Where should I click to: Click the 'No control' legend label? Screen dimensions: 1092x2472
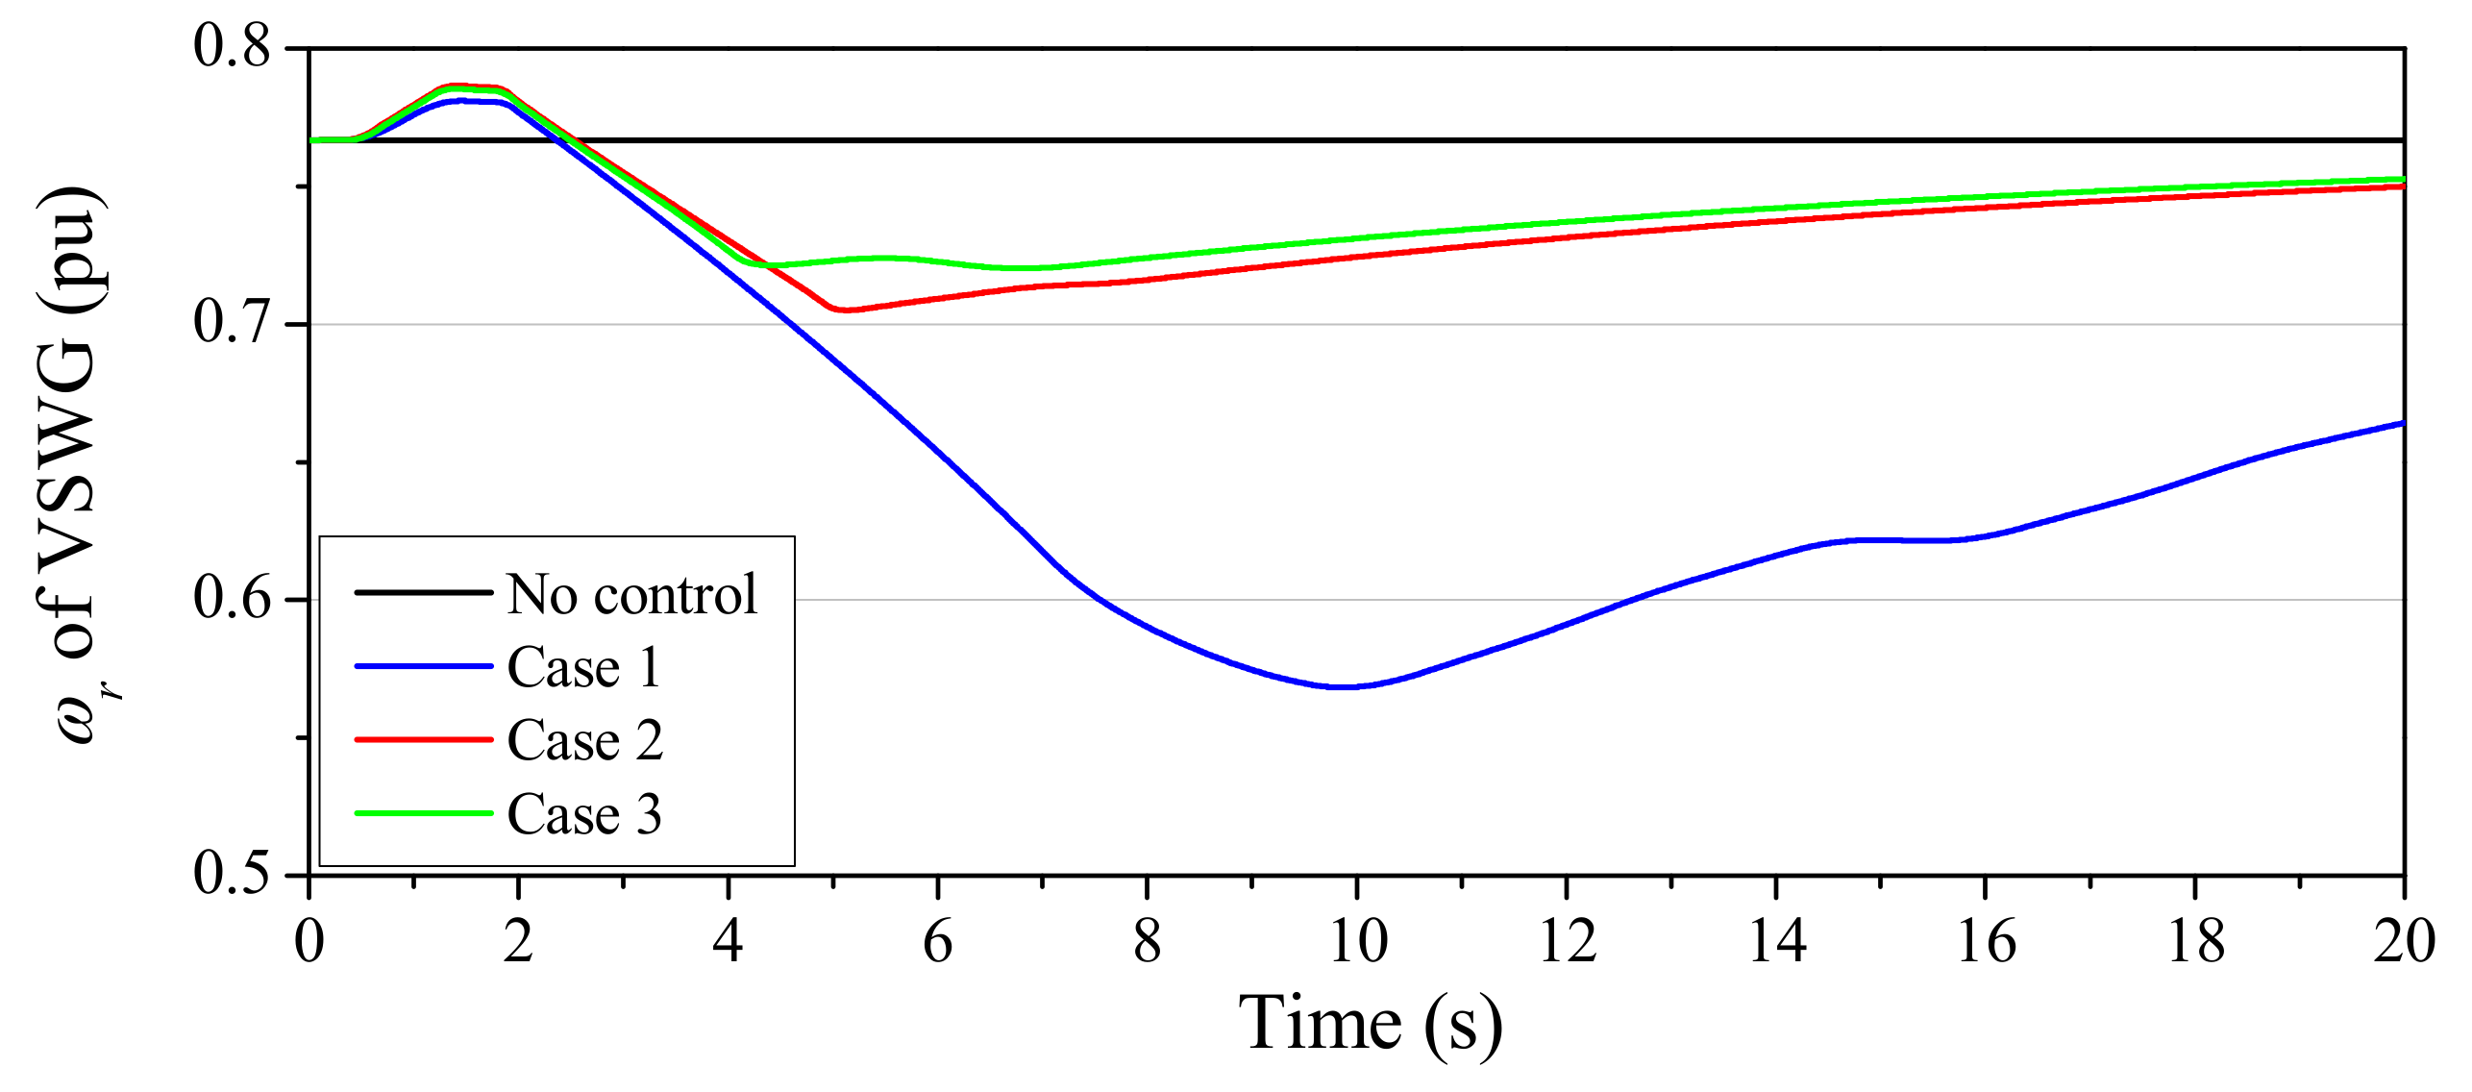tap(631, 594)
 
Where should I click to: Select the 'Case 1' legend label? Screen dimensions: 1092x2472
tap(583, 667)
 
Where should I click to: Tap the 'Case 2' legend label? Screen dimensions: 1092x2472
tap(584, 740)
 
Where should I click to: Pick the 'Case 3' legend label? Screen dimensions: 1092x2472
tap(584, 814)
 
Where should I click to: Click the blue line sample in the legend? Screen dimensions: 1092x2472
tap(423, 666)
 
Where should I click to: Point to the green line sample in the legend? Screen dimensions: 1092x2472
tap(423, 813)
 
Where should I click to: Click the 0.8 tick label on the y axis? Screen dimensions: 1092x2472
tap(233, 45)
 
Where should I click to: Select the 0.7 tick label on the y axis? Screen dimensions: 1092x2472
tap(233, 322)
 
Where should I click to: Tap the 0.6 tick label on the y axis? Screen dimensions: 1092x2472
tap(233, 598)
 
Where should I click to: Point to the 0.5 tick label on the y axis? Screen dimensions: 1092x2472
tap(233, 874)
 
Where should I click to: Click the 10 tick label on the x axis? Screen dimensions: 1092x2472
tap(1357, 941)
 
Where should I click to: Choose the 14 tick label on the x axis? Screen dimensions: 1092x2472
tap(1776, 941)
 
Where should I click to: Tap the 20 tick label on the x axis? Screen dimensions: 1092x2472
tap(2403, 941)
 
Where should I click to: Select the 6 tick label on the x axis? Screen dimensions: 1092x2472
tap(938, 941)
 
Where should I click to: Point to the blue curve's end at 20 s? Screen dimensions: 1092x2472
tap(2402, 423)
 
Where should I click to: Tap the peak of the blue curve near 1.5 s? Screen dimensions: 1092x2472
tap(463, 100)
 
